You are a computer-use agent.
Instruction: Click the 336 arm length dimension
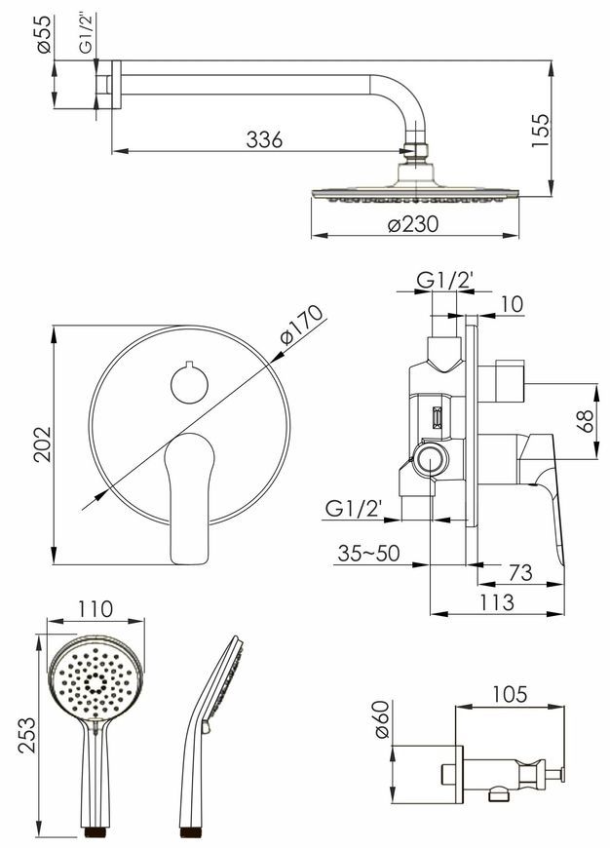pos(264,139)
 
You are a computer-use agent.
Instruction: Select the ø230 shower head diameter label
pos(413,223)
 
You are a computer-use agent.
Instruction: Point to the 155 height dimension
pos(540,130)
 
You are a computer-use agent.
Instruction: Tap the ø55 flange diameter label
pos(45,33)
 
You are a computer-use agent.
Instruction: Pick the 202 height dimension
pos(42,444)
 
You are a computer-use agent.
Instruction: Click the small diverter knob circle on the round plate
pos(189,383)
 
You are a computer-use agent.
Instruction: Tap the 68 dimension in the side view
pos(585,421)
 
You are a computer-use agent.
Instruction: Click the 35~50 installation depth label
pos(368,554)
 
